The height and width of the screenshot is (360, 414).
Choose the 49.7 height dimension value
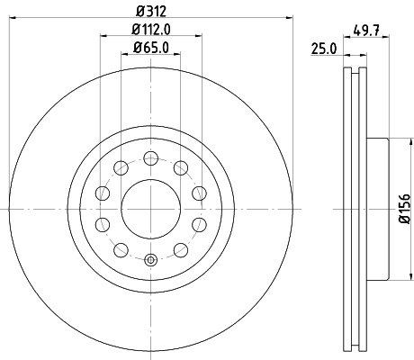[366, 29]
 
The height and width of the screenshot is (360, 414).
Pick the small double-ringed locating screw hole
[150, 261]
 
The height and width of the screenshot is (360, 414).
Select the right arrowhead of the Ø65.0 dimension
[180, 55]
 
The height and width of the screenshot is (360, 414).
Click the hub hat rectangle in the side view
[376, 209]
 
